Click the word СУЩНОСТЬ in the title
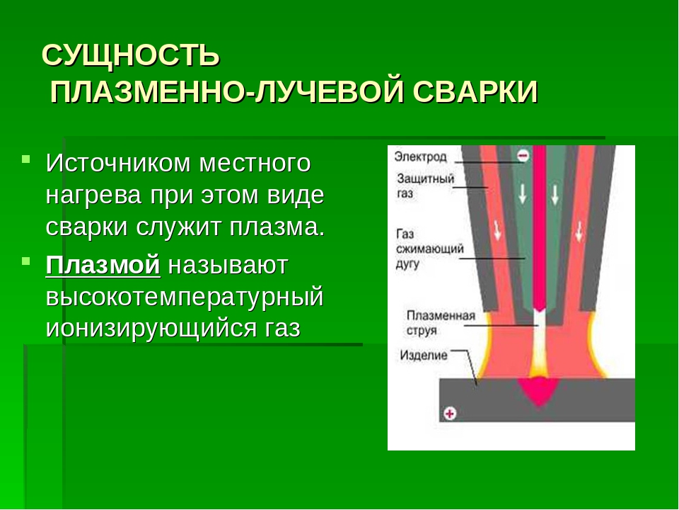pyautogui.click(x=131, y=56)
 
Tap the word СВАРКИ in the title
pyautogui.click(x=475, y=92)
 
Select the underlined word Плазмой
pyautogui.click(x=103, y=265)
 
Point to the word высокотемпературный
pyautogui.click(x=185, y=298)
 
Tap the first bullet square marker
pyautogui.click(x=26, y=159)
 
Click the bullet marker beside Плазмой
pyautogui.click(x=26, y=261)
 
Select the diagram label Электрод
pyautogui.click(x=420, y=157)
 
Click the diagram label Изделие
pyautogui.click(x=424, y=356)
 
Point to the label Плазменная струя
pyautogui.click(x=441, y=323)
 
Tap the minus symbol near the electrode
pyautogui.click(x=523, y=156)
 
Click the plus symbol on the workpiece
pyautogui.click(x=450, y=413)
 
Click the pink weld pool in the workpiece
pyautogui.click(x=539, y=390)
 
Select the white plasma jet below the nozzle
pyautogui.click(x=539, y=343)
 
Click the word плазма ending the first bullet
pyautogui.click(x=277, y=227)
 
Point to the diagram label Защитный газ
pyautogui.click(x=425, y=186)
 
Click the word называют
pyautogui.click(x=228, y=266)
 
